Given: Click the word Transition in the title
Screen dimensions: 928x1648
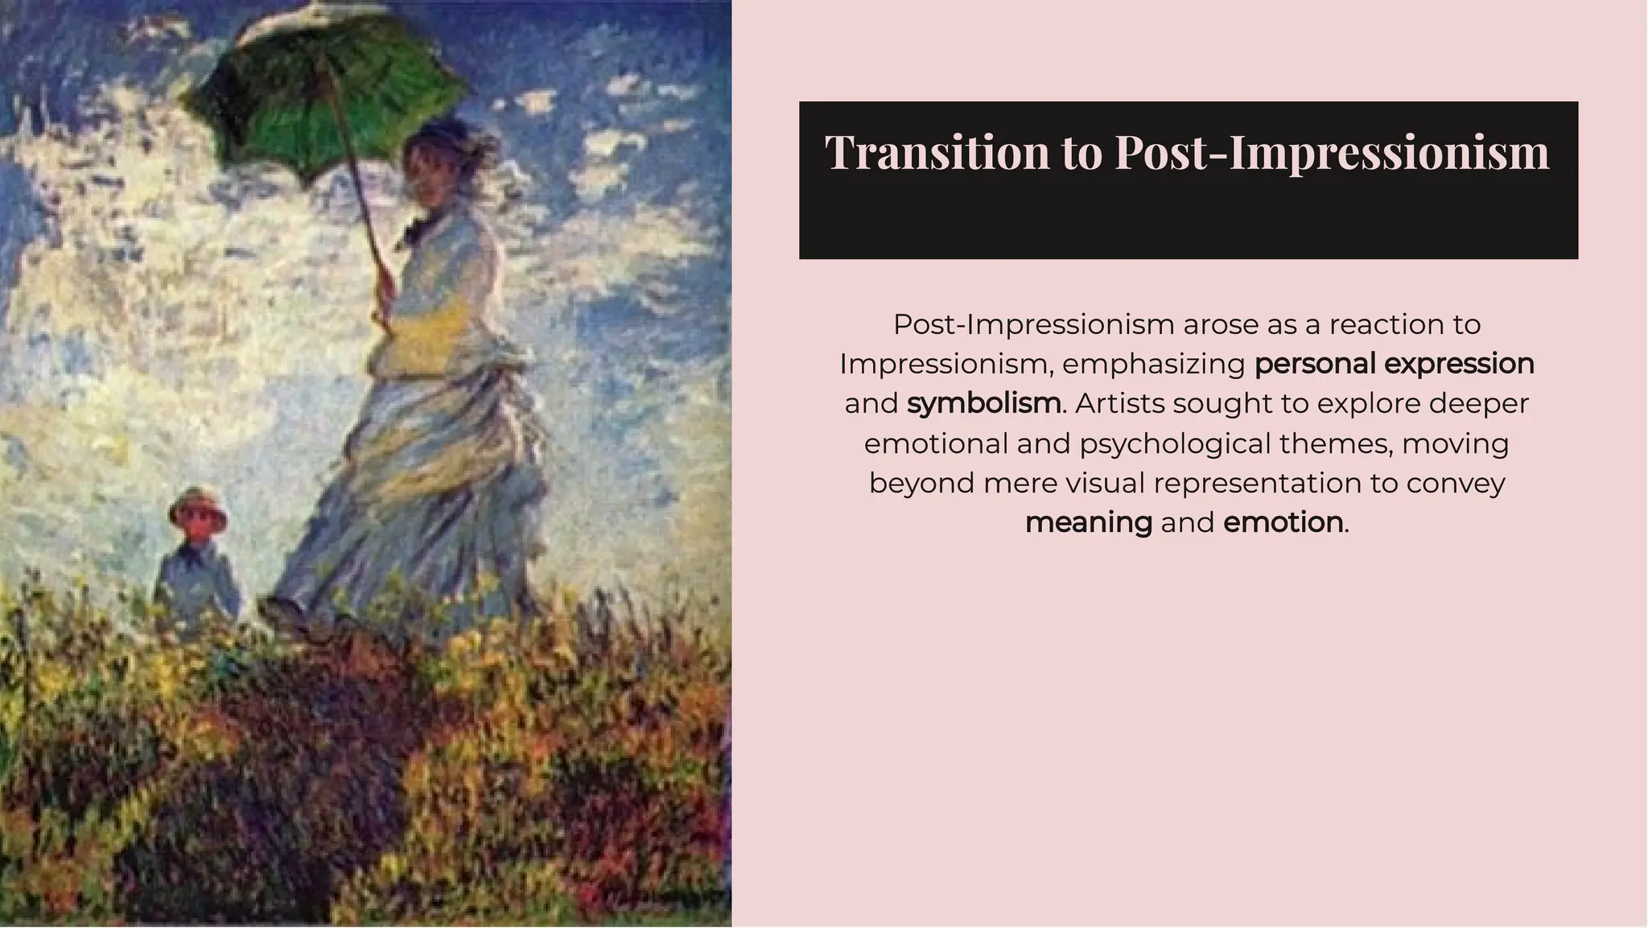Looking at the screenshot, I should [x=937, y=151].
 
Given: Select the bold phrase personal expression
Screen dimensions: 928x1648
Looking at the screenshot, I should [x=1394, y=364].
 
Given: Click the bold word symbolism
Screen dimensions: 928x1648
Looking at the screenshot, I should [x=983, y=403].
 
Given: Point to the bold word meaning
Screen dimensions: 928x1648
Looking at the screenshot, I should [x=1088, y=522].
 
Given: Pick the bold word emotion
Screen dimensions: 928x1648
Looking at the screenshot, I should [x=1283, y=522].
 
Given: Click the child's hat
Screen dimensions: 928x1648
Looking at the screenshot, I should [x=197, y=503].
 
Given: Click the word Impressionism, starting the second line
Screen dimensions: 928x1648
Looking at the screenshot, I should [x=946, y=364].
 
